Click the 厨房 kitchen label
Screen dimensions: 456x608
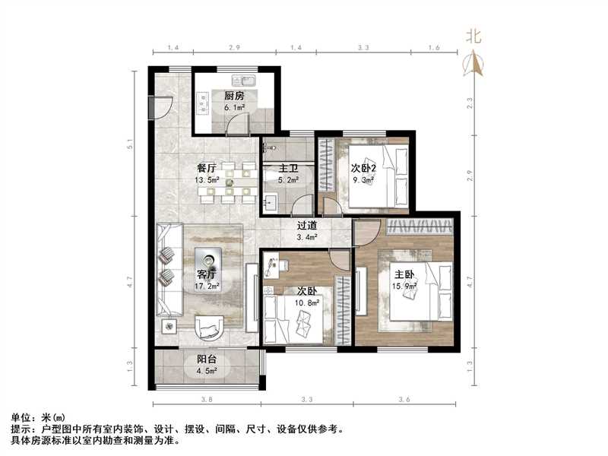(x=234, y=97)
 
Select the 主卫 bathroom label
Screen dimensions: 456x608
(x=287, y=169)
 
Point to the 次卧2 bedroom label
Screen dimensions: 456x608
(x=365, y=168)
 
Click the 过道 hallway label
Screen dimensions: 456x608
(x=308, y=226)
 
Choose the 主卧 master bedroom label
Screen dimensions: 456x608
(x=403, y=274)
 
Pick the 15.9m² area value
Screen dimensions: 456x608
(x=403, y=286)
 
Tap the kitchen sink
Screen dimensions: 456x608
(x=247, y=80)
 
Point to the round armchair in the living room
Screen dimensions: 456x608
(x=209, y=327)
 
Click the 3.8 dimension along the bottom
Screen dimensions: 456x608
(x=205, y=400)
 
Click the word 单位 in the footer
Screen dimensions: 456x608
(x=22, y=418)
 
